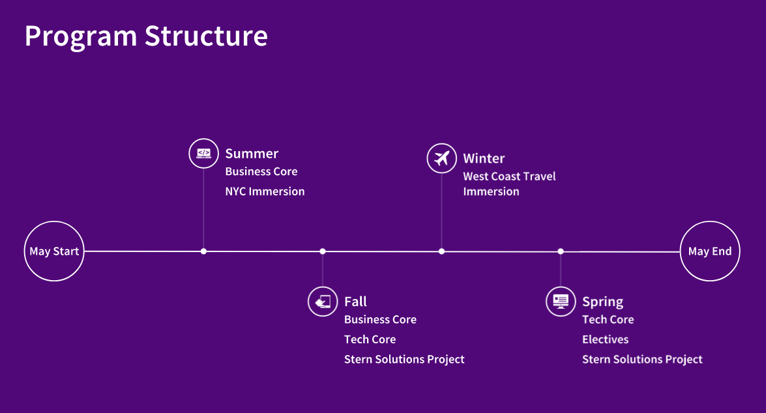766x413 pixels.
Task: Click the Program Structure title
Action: pyautogui.click(x=146, y=36)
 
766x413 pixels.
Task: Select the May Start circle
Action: pyautogui.click(x=54, y=251)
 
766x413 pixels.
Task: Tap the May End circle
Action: pyautogui.click(x=710, y=251)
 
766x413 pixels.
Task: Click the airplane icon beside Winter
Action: pyautogui.click(x=441, y=158)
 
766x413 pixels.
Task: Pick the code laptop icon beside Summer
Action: pyautogui.click(x=203, y=154)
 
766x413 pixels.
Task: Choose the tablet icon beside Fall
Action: pyautogui.click(x=323, y=302)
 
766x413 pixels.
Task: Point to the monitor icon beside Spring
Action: pyautogui.click(x=561, y=302)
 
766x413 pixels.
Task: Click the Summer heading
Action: pyautogui.click(x=252, y=154)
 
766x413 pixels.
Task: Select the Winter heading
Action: pyautogui.click(x=484, y=158)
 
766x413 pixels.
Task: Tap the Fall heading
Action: pyautogui.click(x=355, y=302)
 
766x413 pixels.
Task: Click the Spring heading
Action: pyautogui.click(x=602, y=302)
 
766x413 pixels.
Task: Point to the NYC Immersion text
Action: pyautogui.click(x=265, y=192)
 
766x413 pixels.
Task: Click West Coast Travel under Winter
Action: pyautogui.click(x=509, y=177)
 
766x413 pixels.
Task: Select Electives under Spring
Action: pyautogui.click(x=605, y=339)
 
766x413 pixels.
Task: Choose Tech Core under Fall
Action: pyautogui.click(x=370, y=339)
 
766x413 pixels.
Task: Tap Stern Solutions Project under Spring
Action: pyautogui.click(x=642, y=359)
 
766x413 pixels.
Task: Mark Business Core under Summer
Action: pyautogui.click(x=261, y=171)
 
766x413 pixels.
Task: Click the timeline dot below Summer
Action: pyautogui.click(x=203, y=251)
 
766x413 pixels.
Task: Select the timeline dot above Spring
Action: pyautogui.click(x=561, y=251)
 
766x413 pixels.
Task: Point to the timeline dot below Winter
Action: pyautogui.click(x=441, y=251)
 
